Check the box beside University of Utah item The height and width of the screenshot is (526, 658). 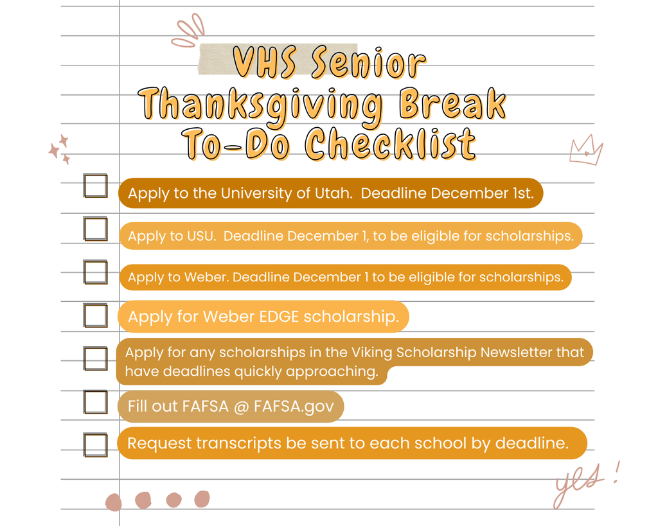tap(96, 186)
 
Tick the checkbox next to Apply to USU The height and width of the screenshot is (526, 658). tap(96, 229)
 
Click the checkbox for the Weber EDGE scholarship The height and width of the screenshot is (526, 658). tap(96, 315)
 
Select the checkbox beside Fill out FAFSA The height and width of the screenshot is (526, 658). tap(96, 402)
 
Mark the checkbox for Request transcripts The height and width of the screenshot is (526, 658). tap(96, 444)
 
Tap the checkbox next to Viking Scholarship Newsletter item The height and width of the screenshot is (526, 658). tap(96, 358)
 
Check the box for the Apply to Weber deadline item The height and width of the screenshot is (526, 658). tap(96, 272)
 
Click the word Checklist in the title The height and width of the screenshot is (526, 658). tap(391, 143)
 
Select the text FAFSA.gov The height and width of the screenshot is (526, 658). tap(294, 407)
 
